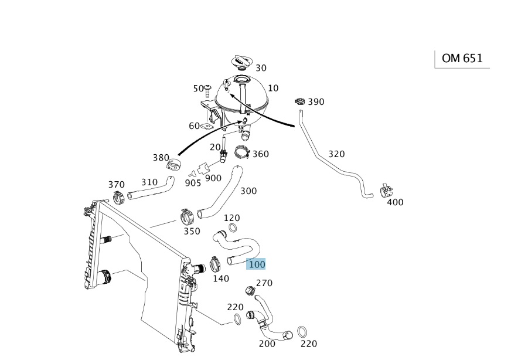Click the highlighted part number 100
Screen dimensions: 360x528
[x=256, y=264]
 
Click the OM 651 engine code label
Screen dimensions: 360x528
[x=462, y=59]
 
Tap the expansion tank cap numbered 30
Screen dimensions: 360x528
[x=241, y=62]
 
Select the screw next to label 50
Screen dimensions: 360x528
[x=209, y=89]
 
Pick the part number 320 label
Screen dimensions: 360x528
[x=336, y=154]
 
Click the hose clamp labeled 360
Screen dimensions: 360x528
[x=241, y=152]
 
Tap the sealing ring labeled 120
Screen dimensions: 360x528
[x=233, y=229]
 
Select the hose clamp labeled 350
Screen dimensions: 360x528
[x=188, y=218]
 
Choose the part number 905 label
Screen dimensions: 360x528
[x=193, y=183]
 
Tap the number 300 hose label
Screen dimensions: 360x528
[x=248, y=191]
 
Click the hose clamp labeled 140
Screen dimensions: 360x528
[x=214, y=263]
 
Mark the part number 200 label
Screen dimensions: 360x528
[x=267, y=344]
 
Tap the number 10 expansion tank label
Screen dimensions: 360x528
[x=273, y=88]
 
